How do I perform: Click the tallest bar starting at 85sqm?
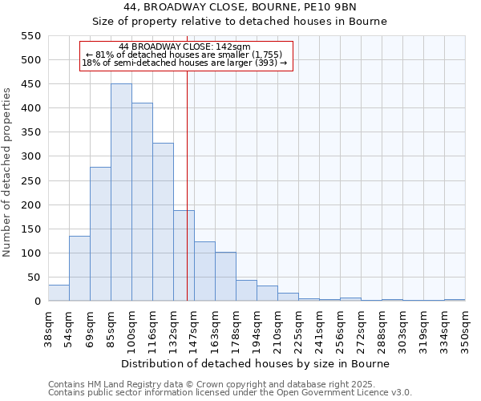pyautogui.click(x=121, y=192)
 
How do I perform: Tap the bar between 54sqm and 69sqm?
pyautogui.click(x=79, y=269)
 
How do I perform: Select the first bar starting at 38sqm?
pyautogui.click(x=59, y=294)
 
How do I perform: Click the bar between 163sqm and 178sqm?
pyautogui.click(x=225, y=277)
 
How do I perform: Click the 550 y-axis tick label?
pyautogui.click(x=30, y=36)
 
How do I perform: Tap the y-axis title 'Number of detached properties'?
pyautogui.click(x=8, y=172)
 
